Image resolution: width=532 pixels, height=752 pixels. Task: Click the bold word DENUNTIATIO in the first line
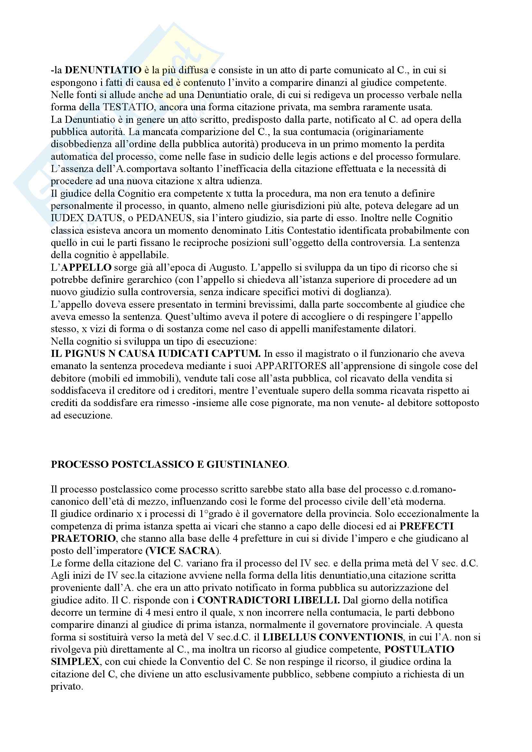tap(103, 70)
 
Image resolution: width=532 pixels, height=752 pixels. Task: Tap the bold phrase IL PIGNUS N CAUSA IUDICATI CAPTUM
tap(156, 354)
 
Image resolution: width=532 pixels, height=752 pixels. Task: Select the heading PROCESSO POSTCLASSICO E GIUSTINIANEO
tap(169, 465)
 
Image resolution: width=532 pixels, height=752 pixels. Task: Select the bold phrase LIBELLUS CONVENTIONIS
tap(333, 637)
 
